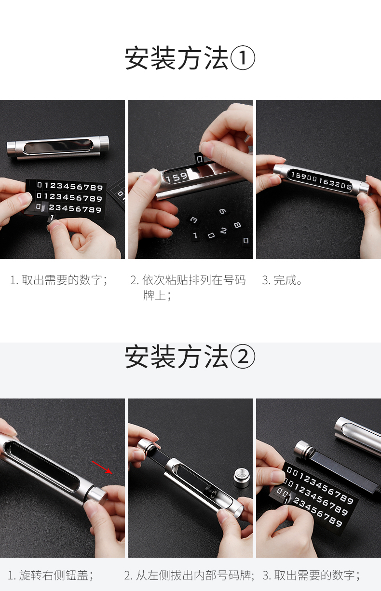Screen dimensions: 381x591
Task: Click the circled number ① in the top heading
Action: [243, 58]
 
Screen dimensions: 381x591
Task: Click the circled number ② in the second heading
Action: [243, 356]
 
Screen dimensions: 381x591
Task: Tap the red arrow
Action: [102, 467]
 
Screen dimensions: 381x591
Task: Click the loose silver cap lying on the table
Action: [241, 477]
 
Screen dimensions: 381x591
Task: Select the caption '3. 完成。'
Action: [282, 280]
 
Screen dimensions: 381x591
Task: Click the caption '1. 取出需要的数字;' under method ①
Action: [59, 280]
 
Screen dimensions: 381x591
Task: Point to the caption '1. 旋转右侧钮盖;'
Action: [50, 575]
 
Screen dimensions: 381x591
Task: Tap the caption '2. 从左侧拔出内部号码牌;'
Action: [189, 575]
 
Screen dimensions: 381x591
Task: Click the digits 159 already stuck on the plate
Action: [177, 178]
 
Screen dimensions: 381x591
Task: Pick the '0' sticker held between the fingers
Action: [200, 159]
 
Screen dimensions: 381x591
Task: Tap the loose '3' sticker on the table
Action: [194, 220]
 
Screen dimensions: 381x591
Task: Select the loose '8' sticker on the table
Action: [237, 225]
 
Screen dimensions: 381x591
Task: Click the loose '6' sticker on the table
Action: [222, 212]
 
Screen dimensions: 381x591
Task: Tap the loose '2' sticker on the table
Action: [223, 231]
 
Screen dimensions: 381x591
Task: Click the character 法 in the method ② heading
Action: [216, 356]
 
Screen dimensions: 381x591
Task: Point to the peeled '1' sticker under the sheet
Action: [52, 218]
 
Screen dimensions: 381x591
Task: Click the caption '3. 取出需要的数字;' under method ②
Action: [311, 575]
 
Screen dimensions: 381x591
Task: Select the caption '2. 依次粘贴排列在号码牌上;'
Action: [188, 288]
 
